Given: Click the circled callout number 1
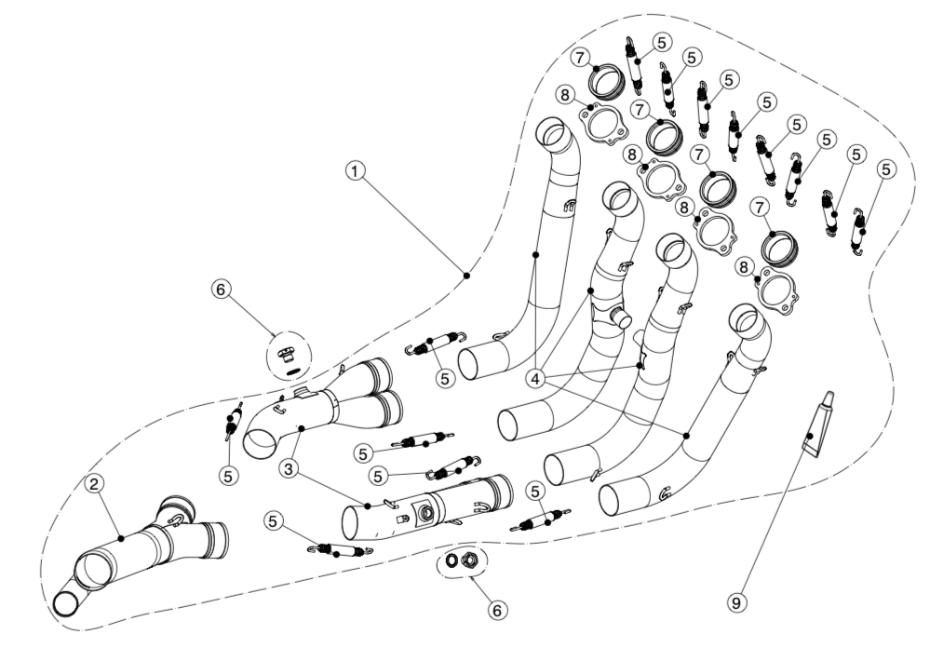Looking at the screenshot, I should pyautogui.click(x=354, y=170).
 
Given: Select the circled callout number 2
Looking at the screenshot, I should pyautogui.click(x=94, y=483).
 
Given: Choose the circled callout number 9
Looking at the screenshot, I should pyautogui.click(x=735, y=603).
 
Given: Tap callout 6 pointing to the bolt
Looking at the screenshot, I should pyautogui.click(x=220, y=290).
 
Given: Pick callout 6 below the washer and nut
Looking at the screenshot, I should pyautogui.click(x=498, y=609).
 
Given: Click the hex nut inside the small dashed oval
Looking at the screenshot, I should pyautogui.click(x=471, y=561).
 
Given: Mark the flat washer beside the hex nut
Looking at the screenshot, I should pyautogui.click(x=452, y=561).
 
